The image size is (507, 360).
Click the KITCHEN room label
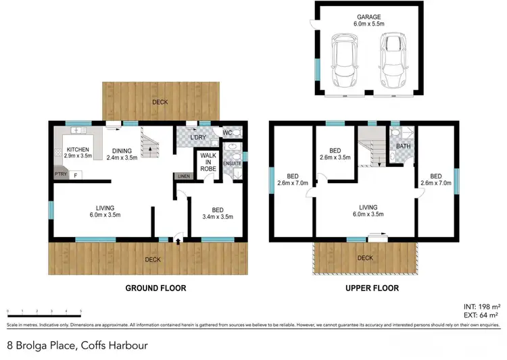tap(78, 152)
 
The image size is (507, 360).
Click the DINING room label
tap(122, 154)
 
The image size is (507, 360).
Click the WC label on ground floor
tap(228, 133)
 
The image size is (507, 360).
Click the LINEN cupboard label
tap(183, 176)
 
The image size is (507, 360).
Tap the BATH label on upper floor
tap(404, 146)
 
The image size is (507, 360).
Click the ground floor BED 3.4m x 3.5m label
tap(218, 213)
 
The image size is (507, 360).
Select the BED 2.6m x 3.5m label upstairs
tap(335, 154)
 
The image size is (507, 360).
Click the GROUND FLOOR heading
tap(155, 288)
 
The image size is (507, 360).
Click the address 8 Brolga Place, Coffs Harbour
tap(76, 345)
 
